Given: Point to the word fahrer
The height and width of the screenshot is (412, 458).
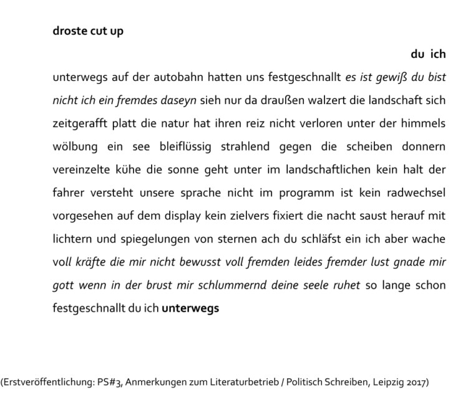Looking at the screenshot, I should (67, 191).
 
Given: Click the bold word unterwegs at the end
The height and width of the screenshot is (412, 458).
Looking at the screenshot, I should (190, 308).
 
